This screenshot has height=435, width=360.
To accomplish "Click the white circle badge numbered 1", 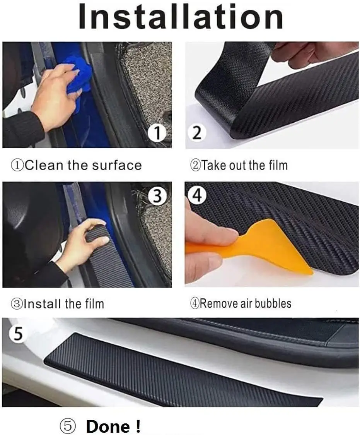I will [x=157, y=134].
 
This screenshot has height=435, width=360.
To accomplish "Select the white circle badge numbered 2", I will [x=197, y=134].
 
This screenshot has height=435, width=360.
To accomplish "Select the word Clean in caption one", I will [x=43, y=165].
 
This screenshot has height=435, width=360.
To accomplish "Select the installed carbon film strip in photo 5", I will [x=174, y=372].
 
